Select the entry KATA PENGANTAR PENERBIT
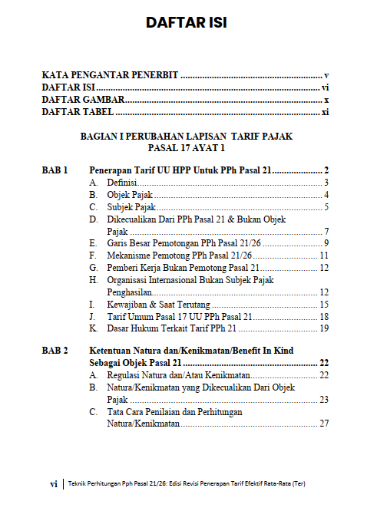point(110,76)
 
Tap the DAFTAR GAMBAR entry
point(84,101)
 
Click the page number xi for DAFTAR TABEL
point(325,113)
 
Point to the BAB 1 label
point(55,170)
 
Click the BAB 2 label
point(55,351)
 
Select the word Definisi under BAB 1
point(122,183)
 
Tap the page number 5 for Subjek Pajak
point(326,207)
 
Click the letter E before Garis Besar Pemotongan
point(92,243)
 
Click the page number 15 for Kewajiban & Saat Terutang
point(324,304)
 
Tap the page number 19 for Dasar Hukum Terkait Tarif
point(324,328)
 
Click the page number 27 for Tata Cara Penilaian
point(324,424)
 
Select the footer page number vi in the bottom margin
point(54,484)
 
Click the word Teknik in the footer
point(78,484)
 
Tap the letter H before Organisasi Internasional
point(93,280)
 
